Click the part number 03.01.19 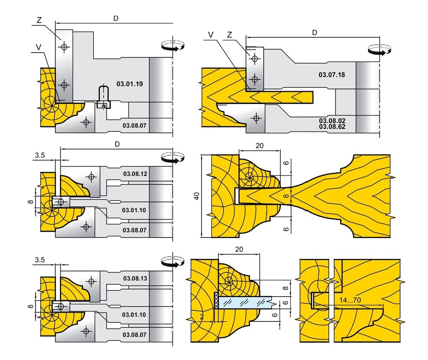pos(129,83)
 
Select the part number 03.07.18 pos(332,74)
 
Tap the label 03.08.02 pos(332,121)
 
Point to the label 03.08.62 pos(332,127)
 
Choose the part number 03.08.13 pos(135,278)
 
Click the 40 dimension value pos(196,196)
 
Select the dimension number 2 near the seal pos(201,316)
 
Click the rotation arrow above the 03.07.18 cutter pos(379,49)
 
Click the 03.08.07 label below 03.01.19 pos(135,125)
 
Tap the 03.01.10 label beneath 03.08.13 pos(134,315)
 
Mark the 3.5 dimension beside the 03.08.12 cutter pos(40,155)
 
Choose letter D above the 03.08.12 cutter pos(117,144)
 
